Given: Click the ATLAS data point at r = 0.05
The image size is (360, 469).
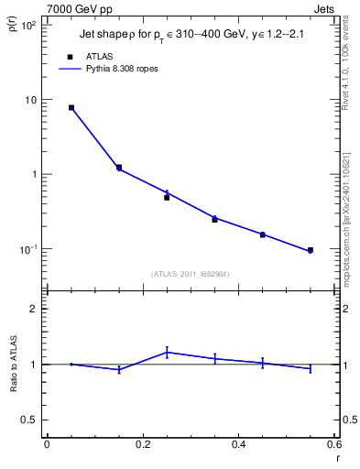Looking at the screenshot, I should click(x=71, y=107).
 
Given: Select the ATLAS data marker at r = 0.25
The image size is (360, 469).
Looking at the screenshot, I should click(x=167, y=197).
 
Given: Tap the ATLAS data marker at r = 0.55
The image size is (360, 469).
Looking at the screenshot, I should click(x=310, y=250).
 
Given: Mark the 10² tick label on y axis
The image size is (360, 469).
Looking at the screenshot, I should click(x=28, y=26).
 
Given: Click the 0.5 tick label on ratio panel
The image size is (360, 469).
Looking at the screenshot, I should click(x=30, y=420).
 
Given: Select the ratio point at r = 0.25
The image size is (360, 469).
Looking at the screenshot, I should click(x=167, y=352).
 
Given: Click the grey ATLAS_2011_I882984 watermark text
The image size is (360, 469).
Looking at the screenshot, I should click(x=190, y=273).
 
